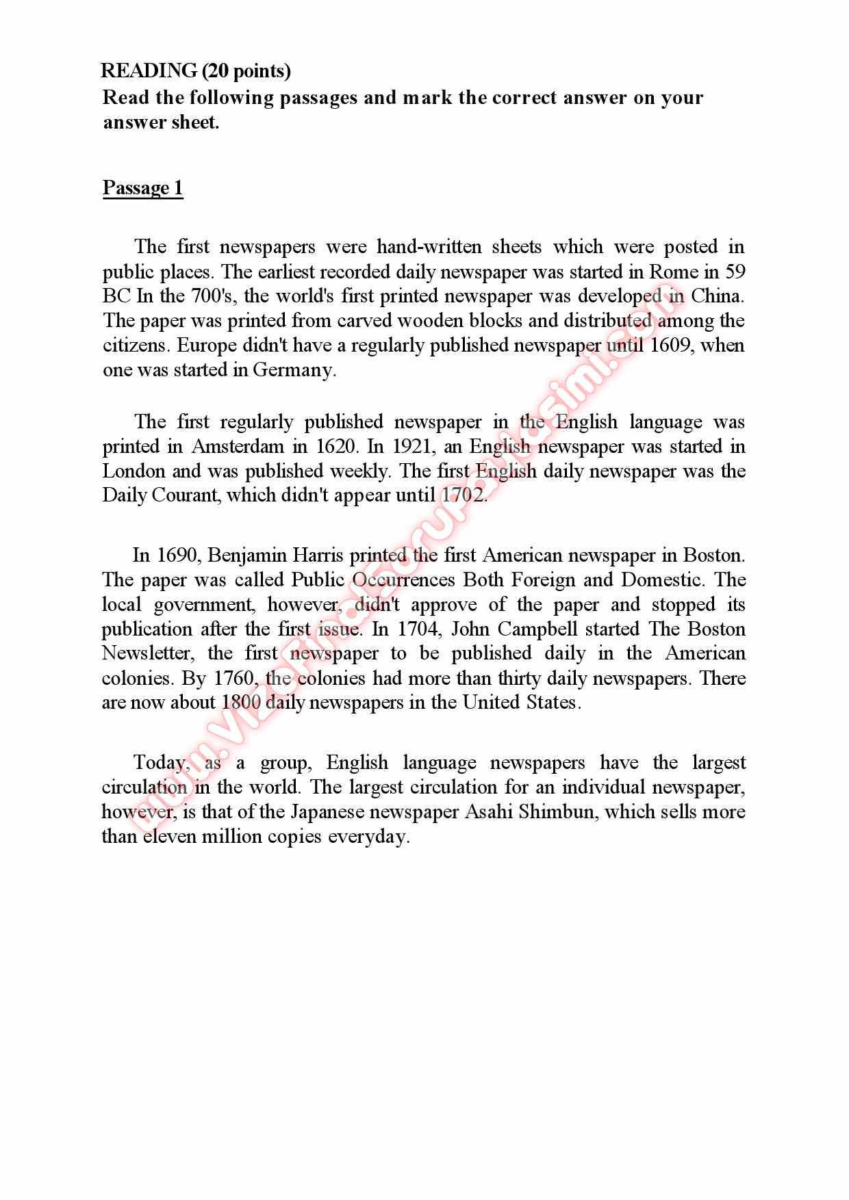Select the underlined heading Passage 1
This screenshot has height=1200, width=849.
[143, 187]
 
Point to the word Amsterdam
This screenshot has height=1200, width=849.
[238, 446]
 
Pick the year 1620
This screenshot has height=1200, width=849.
[335, 446]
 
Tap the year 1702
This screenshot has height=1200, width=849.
[464, 495]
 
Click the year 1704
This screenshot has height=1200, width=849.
[416, 628]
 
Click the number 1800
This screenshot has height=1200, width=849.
[241, 703]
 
